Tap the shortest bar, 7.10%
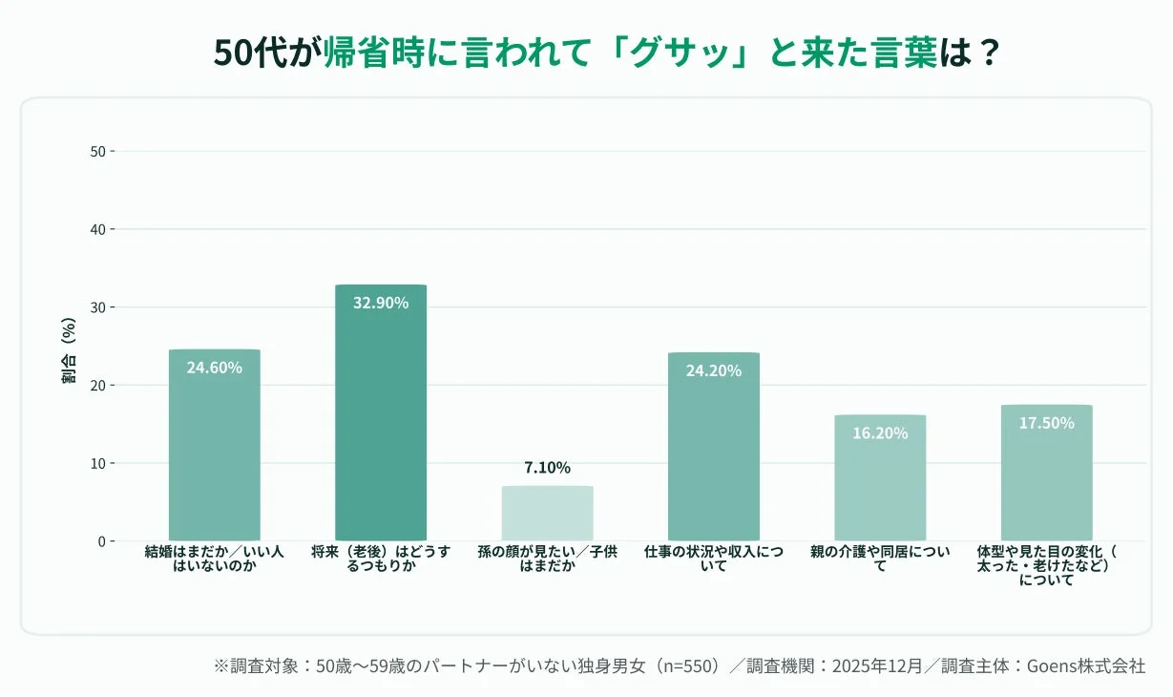(x=547, y=514)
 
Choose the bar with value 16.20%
(x=880, y=477)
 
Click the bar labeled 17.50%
(x=1046, y=473)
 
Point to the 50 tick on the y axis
(x=97, y=151)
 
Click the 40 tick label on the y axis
(x=97, y=229)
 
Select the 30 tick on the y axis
(x=97, y=307)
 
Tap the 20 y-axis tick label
(x=97, y=385)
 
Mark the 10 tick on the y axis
(x=97, y=463)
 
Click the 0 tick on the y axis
(x=101, y=541)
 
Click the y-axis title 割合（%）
(x=69, y=349)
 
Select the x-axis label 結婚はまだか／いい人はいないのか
(x=214, y=559)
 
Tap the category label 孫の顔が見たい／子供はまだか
(x=547, y=559)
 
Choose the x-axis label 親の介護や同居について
(x=880, y=559)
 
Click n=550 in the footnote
(x=684, y=665)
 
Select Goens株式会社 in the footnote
(x=1085, y=665)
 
